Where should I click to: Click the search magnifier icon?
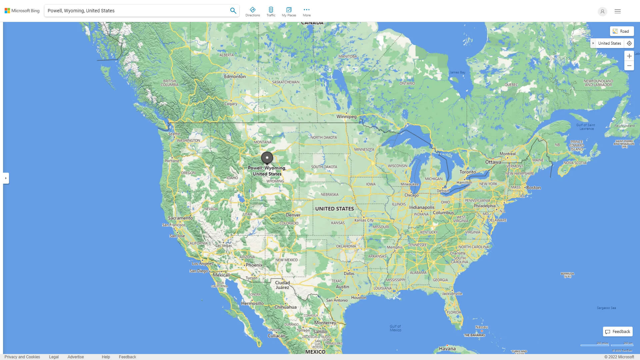tap(233, 11)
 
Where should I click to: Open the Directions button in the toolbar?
tap(253, 11)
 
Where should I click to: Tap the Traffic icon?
tap(271, 11)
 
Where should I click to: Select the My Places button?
tap(289, 11)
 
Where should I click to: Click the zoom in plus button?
tap(629, 56)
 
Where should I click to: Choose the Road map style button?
tap(622, 31)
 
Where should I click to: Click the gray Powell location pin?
tap(267, 158)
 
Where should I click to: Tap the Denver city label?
tap(293, 215)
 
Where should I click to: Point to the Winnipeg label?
tap(346, 117)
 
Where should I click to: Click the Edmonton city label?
tap(235, 76)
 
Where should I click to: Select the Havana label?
tap(447, 349)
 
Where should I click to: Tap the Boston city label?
tap(533, 188)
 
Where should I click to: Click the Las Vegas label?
tap(224, 246)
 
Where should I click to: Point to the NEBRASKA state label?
tap(329, 195)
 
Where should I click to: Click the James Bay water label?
tap(457, 72)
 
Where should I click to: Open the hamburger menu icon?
tap(618, 11)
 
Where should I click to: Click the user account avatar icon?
tap(602, 11)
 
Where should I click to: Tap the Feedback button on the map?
tap(618, 332)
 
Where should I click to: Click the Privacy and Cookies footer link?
tap(22, 357)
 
